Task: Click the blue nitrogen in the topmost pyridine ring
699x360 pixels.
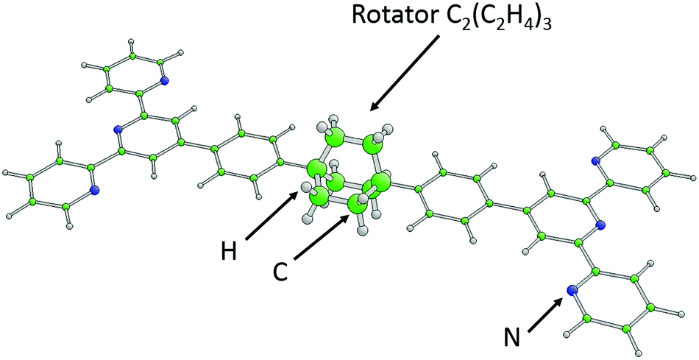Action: coord(164,81)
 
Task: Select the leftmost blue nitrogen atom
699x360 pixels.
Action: coord(93,191)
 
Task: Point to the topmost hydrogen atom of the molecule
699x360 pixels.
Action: coord(131,42)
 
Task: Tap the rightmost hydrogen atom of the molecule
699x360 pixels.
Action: coord(692,177)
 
